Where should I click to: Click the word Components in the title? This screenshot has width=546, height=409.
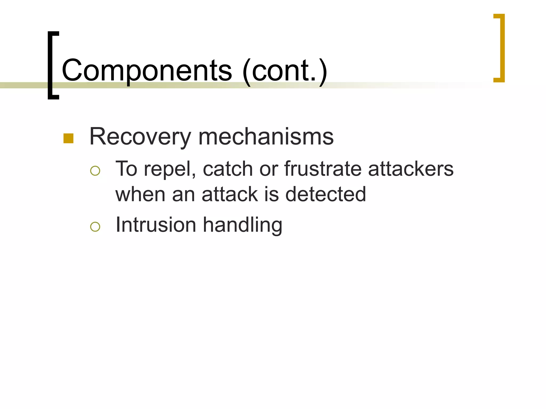click(x=147, y=70)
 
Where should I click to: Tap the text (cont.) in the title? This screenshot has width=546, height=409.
click(x=285, y=70)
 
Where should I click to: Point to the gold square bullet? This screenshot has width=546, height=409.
click(x=69, y=138)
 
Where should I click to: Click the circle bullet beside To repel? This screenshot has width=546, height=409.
click(x=95, y=171)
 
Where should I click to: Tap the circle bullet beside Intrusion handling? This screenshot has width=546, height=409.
click(x=95, y=227)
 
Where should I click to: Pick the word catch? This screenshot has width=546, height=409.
click(x=228, y=169)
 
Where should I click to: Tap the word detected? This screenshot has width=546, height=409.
click(x=326, y=194)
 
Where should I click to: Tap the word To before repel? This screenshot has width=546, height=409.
click(x=126, y=169)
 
